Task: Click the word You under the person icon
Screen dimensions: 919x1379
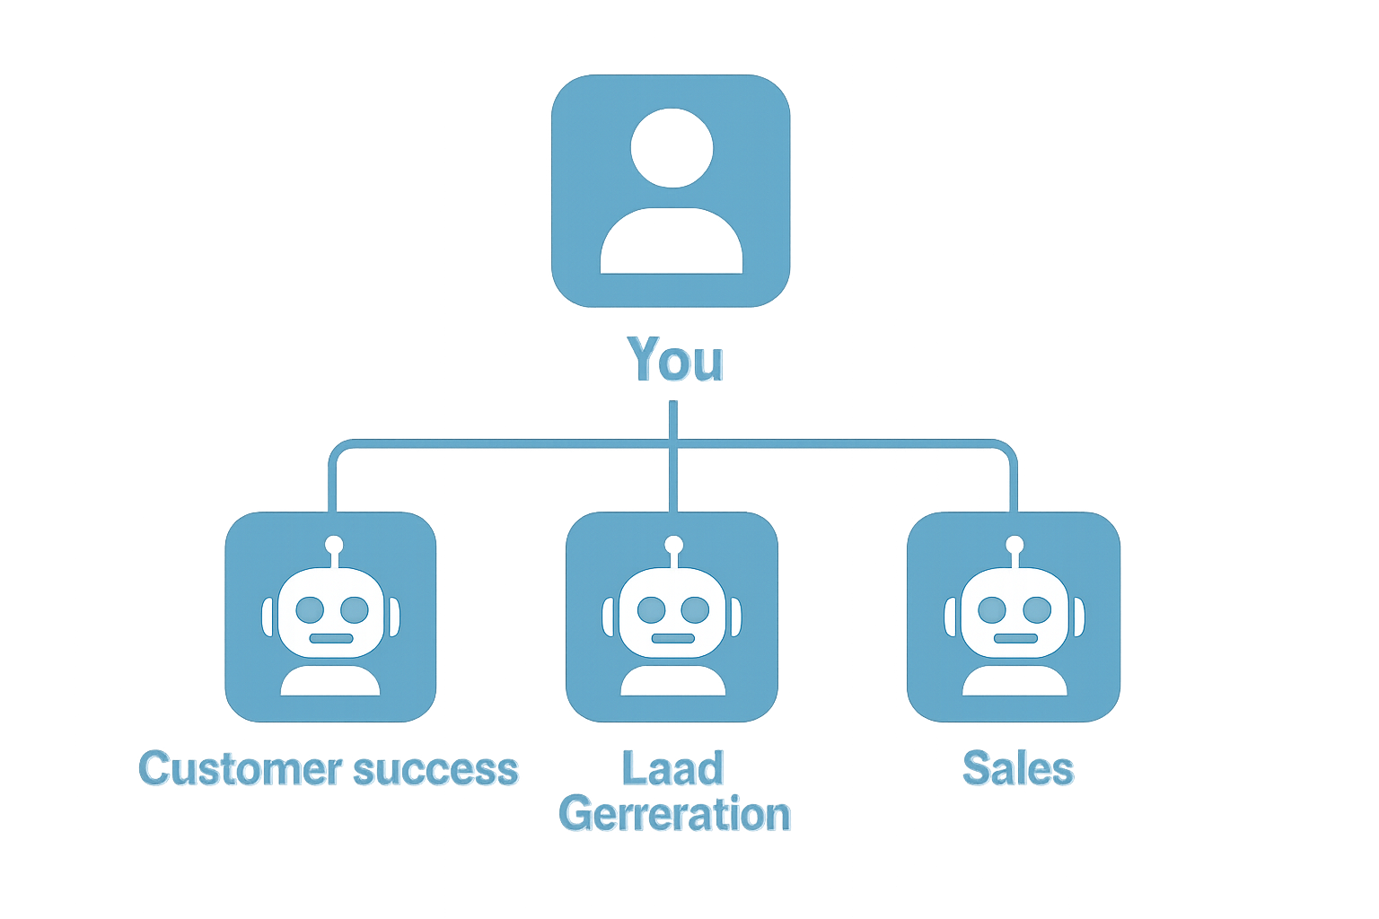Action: pyautogui.click(x=677, y=361)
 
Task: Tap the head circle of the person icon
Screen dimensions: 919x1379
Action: pyautogui.click(x=672, y=148)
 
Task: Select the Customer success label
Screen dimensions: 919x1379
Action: pyautogui.click(x=330, y=769)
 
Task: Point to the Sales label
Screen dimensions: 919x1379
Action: pyautogui.click(x=1018, y=769)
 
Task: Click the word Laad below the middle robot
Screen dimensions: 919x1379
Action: pyautogui.click(x=673, y=769)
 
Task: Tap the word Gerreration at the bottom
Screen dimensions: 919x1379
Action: pyautogui.click(x=675, y=814)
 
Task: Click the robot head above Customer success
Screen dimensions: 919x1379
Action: pyautogui.click(x=330, y=613)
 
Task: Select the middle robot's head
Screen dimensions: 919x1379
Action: pyautogui.click(x=672, y=613)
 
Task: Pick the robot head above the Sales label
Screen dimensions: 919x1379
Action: pyautogui.click(x=1014, y=613)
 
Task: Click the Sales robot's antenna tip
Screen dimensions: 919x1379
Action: pyautogui.click(x=1014, y=545)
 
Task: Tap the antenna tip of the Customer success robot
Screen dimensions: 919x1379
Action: pyautogui.click(x=334, y=545)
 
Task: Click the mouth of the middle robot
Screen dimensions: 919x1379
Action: pyautogui.click(x=672, y=638)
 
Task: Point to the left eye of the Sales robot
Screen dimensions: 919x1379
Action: pyautogui.click(x=991, y=610)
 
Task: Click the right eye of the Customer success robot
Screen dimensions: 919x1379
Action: pyautogui.click(x=355, y=610)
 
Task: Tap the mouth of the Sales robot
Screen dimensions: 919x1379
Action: pyautogui.click(x=1015, y=638)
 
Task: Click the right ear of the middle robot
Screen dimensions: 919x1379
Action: pyautogui.click(x=736, y=617)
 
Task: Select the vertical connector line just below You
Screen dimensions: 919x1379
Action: pyautogui.click(x=672, y=420)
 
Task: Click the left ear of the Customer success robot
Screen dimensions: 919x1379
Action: pyautogui.click(x=268, y=617)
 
